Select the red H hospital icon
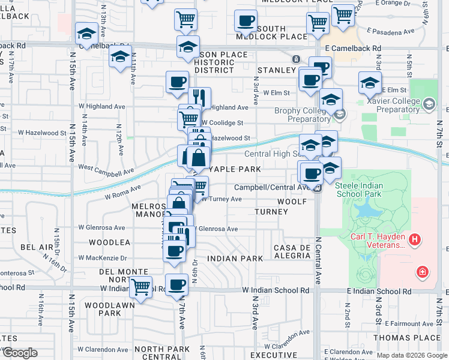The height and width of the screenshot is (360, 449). pos(414,241)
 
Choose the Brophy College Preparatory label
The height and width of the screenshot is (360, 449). pos(303,115)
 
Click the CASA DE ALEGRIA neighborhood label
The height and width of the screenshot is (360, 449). pos(291,252)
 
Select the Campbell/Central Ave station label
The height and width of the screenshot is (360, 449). pos(271,187)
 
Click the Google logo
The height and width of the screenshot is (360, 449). pos(19,352)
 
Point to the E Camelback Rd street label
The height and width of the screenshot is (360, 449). pos(353,47)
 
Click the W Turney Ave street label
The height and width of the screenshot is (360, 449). pos(221,199)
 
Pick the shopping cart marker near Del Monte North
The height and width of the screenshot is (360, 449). pos(140,287)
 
